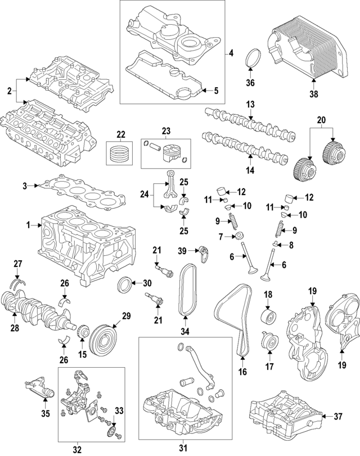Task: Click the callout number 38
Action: click(x=314, y=94)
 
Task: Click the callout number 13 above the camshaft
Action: click(x=250, y=105)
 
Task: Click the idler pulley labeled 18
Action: click(x=268, y=317)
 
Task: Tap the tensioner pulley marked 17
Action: click(x=271, y=340)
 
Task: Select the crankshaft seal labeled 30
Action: click(x=124, y=285)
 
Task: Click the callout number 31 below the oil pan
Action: click(x=183, y=448)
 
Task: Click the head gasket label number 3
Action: click(x=25, y=186)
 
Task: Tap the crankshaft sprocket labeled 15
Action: click(x=83, y=332)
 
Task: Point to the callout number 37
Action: click(x=338, y=417)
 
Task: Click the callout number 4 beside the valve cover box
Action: click(x=231, y=53)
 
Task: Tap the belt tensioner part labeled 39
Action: click(x=204, y=253)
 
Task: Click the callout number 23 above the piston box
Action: click(x=166, y=131)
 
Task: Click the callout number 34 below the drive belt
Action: click(x=185, y=331)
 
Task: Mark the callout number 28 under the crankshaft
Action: click(x=15, y=328)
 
